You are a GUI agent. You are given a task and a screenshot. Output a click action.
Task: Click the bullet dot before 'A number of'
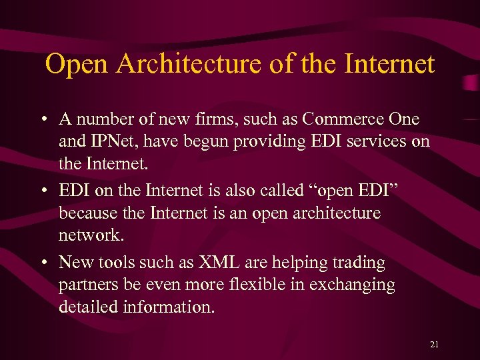[x=42, y=121]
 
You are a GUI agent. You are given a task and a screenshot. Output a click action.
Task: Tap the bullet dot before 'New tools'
[x=42, y=263]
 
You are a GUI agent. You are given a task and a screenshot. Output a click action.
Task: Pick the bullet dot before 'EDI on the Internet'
[x=42, y=192]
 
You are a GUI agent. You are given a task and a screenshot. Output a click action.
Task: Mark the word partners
[x=85, y=285]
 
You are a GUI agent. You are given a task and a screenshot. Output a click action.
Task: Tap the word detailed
[x=87, y=307]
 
